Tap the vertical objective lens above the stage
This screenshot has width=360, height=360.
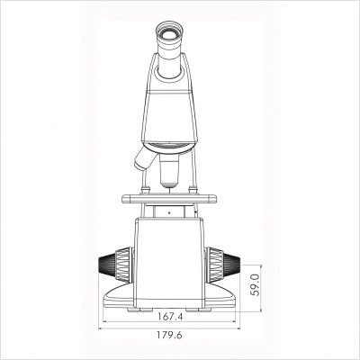tap(169, 174)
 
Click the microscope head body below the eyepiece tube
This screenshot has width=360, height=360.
tap(170, 108)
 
